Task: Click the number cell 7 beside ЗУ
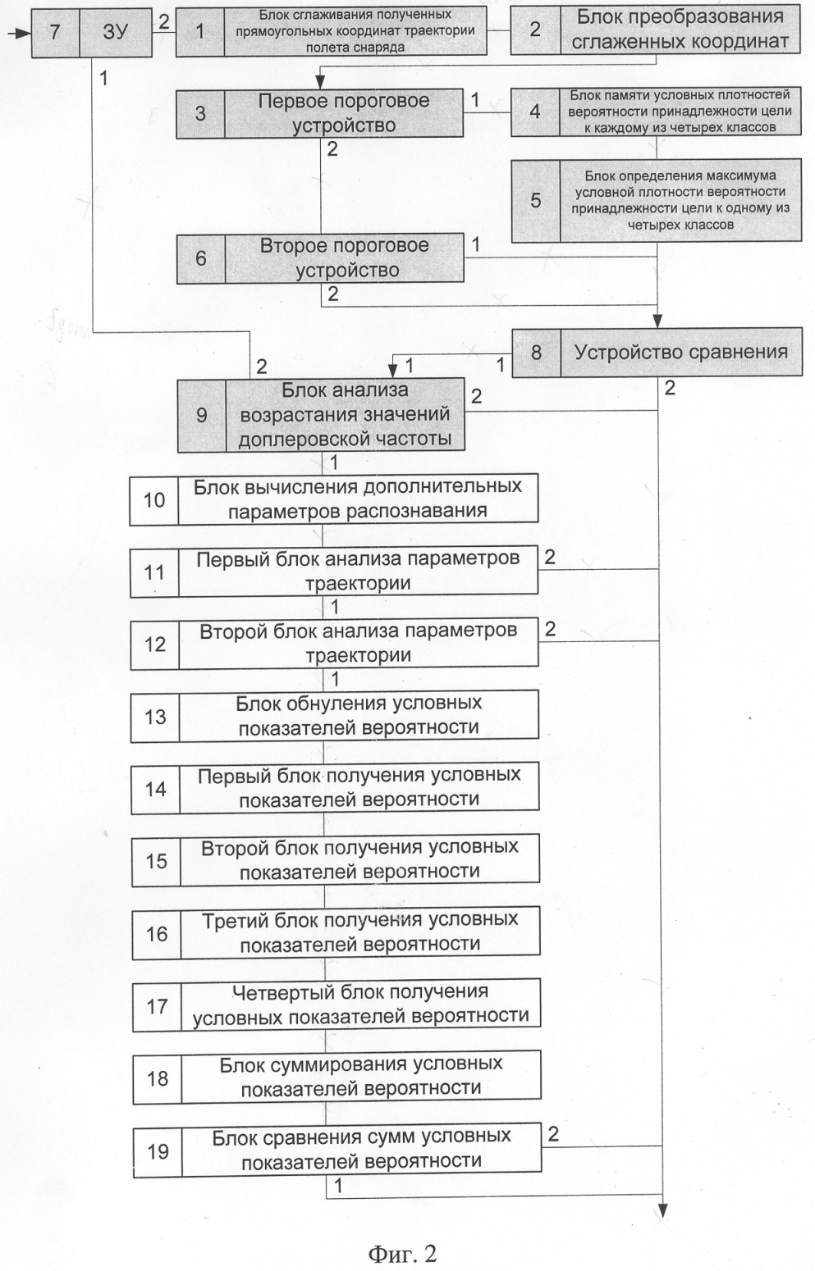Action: point(55,33)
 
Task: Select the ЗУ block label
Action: point(116,33)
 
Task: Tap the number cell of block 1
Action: point(200,31)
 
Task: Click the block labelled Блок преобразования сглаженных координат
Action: point(679,30)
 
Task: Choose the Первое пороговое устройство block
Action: point(344,114)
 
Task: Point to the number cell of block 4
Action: point(535,112)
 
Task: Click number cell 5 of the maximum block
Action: point(535,200)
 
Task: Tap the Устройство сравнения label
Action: point(680,353)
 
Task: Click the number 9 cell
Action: point(201,415)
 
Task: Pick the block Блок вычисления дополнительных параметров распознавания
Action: point(357,499)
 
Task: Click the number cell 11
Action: point(154,572)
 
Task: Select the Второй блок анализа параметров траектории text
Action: point(358,644)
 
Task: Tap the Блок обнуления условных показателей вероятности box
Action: point(359,716)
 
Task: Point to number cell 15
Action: point(156,861)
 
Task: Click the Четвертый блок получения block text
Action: point(360,1004)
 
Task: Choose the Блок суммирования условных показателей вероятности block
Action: point(360,1077)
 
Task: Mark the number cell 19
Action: point(158,1151)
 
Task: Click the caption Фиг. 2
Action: point(401,1253)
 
